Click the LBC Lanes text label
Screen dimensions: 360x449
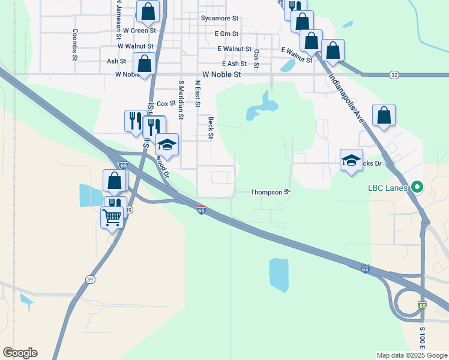(388, 188)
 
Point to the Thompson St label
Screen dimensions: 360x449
(270, 193)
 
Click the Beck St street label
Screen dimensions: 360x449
(211, 127)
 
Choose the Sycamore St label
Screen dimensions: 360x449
(220, 19)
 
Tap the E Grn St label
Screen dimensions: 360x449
(226, 34)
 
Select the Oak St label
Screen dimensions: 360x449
(256, 58)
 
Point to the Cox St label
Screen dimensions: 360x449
(161, 104)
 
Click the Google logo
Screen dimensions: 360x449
(20, 353)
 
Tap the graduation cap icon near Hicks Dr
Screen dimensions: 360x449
(351, 160)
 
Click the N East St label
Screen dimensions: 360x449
(197, 94)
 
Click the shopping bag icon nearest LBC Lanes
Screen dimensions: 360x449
(384, 115)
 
